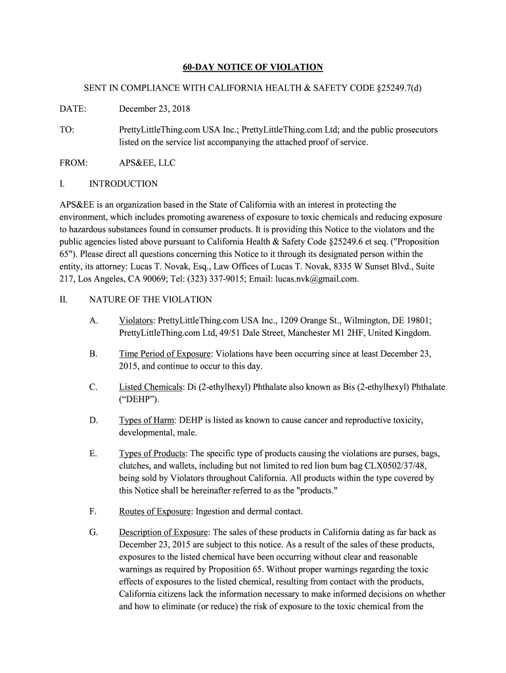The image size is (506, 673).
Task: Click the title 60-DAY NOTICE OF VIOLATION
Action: tap(252, 67)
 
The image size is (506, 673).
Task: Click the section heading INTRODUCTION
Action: tap(123, 184)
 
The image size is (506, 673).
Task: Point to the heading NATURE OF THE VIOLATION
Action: tap(150, 300)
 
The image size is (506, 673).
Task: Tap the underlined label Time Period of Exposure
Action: tap(165, 354)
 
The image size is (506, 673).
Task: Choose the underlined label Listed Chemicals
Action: tap(150, 387)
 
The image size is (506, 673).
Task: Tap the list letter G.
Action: tap(93, 532)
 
